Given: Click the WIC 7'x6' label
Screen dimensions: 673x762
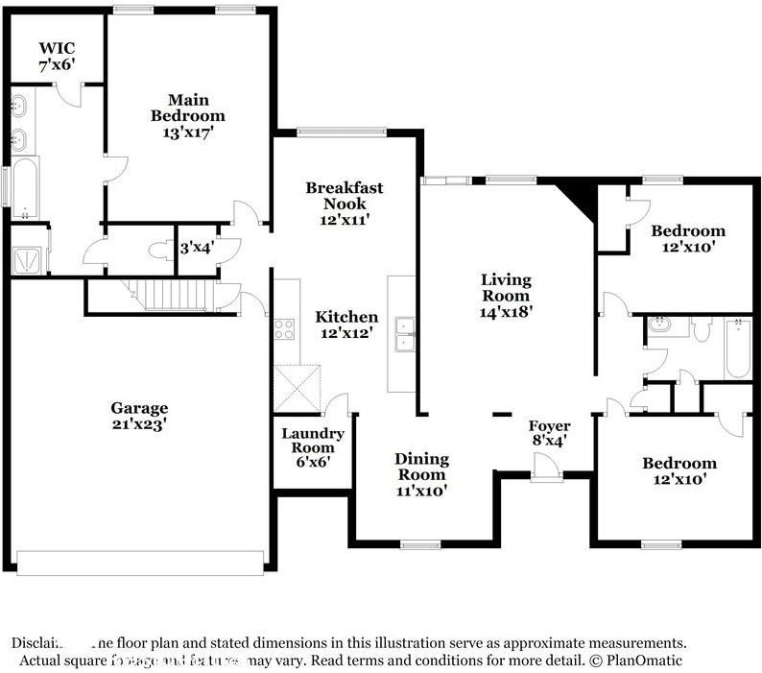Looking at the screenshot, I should (x=56, y=56).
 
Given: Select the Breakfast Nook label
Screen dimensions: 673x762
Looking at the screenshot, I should (x=345, y=196).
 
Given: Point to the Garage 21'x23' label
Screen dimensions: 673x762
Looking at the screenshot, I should (x=138, y=415).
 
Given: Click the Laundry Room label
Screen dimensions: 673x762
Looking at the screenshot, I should (x=312, y=441).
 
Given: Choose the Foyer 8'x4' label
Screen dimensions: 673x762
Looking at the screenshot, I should (x=550, y=433).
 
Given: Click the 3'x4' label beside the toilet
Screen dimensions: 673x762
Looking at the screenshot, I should (x=197, y=249).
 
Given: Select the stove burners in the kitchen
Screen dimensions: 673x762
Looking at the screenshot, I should (x=285, y=329).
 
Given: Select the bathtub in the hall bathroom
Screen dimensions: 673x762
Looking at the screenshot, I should (x=736, y=348).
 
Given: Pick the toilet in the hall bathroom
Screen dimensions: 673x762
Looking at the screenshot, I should (x=702, y=329).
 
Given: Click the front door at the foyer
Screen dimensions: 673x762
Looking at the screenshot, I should (x=547, y=469).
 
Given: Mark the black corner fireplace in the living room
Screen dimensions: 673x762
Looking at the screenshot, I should (x=580, y=195).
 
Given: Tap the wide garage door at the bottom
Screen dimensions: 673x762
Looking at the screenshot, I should (x=140, y=563).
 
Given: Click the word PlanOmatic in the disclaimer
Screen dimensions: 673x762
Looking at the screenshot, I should (x=642, y=661).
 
